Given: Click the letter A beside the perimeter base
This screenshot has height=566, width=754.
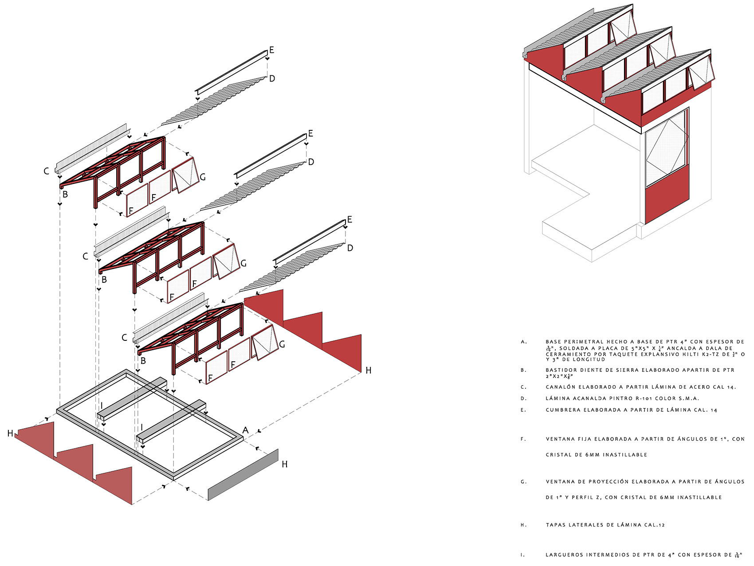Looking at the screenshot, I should [245, 430].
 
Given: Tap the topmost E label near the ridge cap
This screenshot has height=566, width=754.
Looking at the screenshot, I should [271, 50].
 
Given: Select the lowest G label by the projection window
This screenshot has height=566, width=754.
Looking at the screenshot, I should [282, 344].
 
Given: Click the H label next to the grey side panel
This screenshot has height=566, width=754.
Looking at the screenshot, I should [285, 464].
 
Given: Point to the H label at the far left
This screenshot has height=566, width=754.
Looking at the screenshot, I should [10, 433].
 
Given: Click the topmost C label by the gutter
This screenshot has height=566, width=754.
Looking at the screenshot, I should [46, 171].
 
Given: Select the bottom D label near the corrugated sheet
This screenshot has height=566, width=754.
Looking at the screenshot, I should [350, 248].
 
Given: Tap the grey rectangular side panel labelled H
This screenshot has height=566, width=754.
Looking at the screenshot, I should [243, 475].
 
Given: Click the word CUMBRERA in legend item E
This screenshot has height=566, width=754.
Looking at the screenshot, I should [563, 410].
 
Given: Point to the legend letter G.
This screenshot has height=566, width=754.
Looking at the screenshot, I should [523, 481].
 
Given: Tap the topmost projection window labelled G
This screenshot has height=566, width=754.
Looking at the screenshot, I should [185, 174].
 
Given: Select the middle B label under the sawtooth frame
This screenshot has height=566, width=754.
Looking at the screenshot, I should [104, 280].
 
